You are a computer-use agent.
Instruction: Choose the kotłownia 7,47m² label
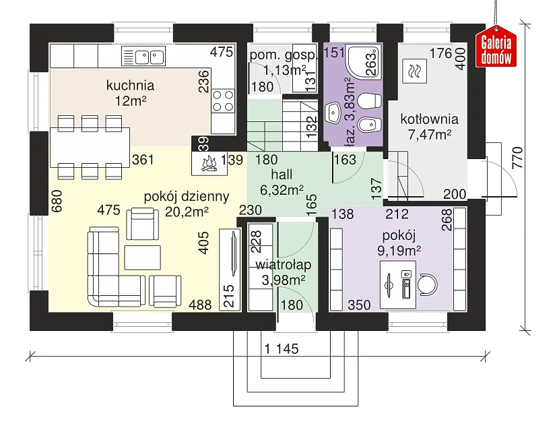pyautogui.click(x=429, y=126)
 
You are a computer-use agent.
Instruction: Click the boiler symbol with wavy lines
pyautogui.click(x=414, y=69)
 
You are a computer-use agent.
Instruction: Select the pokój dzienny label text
pyautogui.click(x=187, y=197)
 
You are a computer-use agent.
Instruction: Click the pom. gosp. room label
pyautogui.click(x=279, y=55)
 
